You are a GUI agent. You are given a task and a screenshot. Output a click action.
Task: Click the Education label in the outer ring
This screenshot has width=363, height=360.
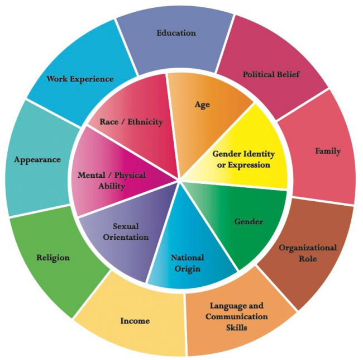click(x=176, y=32)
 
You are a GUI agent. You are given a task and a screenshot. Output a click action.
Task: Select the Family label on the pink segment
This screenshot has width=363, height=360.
click(x=327, y=151)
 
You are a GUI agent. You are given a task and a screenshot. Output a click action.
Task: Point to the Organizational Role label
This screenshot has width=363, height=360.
click(x=308, y=253)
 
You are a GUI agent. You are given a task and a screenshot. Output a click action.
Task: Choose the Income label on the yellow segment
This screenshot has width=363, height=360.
click(x=135, y=321)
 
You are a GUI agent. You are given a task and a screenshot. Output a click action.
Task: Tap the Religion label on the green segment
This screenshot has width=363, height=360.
click(x=53, y=258)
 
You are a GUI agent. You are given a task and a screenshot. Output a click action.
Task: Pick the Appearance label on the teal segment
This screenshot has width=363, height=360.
click(x=38, y=159)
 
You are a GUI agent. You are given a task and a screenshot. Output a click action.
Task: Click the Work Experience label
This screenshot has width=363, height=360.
click(x=80, y=79)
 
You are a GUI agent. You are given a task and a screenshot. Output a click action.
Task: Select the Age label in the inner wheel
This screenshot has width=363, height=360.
click(x=202, y=105)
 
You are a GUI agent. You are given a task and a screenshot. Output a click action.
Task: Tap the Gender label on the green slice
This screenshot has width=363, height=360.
click(x=248, y=221)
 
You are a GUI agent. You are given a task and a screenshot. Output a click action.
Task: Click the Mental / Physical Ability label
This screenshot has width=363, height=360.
click(x=111, y=181)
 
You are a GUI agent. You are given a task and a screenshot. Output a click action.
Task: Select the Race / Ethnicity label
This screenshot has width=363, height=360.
click(x=131, y=121)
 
